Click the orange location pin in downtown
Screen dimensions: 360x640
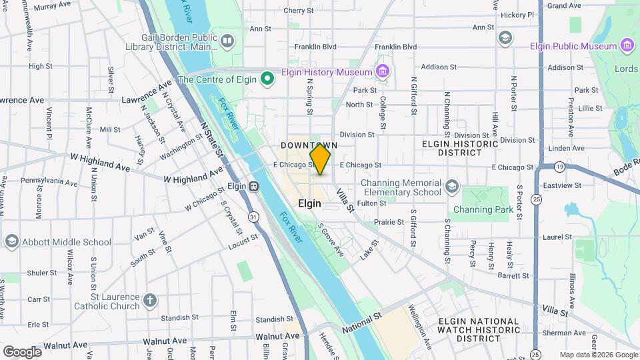point(320,159)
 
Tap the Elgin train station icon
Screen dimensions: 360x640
point(253,187)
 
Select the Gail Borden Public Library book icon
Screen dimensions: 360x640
point(227,42)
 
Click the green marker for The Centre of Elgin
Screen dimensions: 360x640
point(267,79)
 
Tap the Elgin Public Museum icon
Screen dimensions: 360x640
point(627,46)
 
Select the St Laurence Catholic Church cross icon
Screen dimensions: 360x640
point(150,300)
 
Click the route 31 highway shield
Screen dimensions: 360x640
point(253,217)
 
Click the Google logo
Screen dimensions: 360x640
point(22,351)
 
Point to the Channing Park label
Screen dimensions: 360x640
point(483,209)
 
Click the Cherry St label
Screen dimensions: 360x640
point(298,11)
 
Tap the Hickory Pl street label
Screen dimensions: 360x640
point(517,15)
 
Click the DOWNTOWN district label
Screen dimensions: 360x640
point(309,145)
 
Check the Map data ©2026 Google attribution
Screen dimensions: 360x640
point(597,355)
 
